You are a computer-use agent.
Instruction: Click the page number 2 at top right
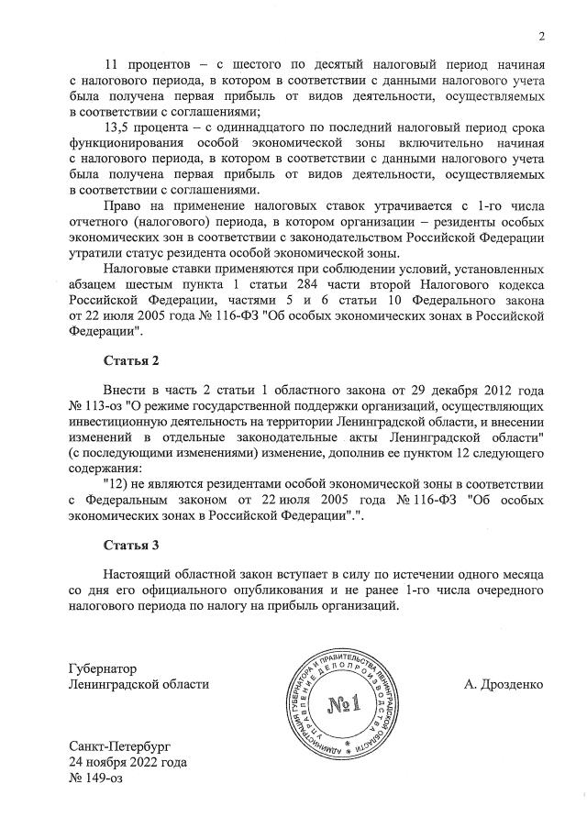[541, 38]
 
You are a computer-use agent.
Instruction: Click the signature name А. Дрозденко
[505, 684]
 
